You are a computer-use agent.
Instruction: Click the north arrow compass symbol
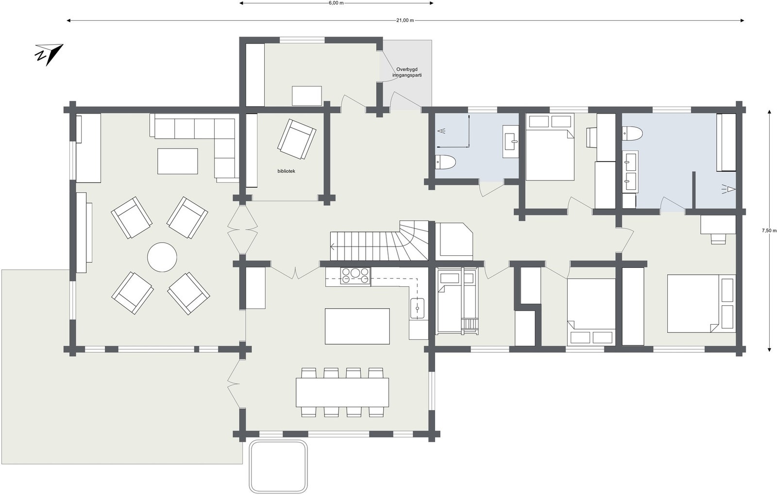[x=49, y=54]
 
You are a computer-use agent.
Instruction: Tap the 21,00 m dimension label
[x=405, y=20]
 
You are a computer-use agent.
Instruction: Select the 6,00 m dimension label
[x=336, y=3]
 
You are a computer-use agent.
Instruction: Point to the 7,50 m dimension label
[x=769, y=231]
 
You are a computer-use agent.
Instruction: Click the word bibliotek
[x=287, y=171]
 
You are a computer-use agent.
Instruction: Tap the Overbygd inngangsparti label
[x=407, y=72]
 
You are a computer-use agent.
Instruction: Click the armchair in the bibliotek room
[x=297, y=139]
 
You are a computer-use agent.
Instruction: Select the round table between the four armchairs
[x=162, y=257]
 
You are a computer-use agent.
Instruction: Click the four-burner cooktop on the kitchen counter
[x=355, y=276]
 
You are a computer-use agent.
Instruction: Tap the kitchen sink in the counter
[x=417, y=308]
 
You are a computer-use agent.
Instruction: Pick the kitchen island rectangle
[x=357, y=326]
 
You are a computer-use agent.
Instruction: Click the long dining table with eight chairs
[x=342, y=392]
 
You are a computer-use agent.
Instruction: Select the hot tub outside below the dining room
[x=279, y=466]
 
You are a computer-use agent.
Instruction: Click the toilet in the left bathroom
[x=445, y=162]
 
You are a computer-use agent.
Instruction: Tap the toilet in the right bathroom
[x=633, y=132]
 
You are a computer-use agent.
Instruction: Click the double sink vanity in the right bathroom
[x=630, y=171]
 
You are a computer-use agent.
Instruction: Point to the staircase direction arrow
[x=334, y=247]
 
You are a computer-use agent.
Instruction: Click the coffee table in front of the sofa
[x=178, y=161]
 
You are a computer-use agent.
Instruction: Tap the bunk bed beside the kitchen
[x=456, y=301]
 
